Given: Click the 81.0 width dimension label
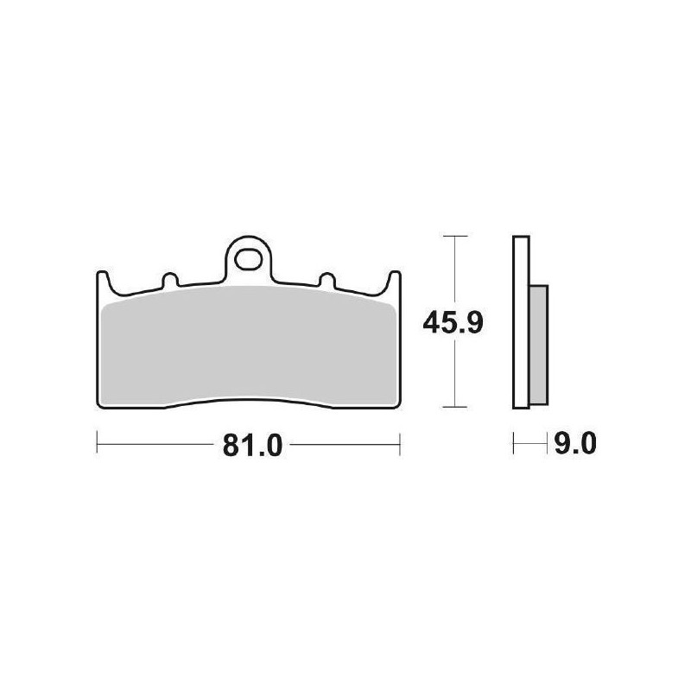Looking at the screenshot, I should (248, 446).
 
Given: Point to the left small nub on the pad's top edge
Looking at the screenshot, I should (169, 280).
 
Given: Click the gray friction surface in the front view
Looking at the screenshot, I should (249, 350).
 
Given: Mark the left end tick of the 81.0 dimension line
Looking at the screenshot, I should (97, 446).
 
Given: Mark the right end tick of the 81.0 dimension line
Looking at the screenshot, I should (400, 446).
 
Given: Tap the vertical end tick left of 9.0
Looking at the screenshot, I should (514, 446).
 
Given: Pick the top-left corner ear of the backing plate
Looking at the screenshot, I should (100, 278).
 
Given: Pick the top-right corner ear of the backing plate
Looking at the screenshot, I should (396, 278).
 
